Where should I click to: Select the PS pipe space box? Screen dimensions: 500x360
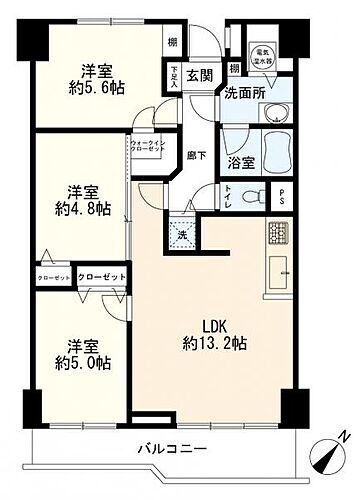pos(282,196)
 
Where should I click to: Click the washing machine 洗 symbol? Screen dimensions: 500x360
pos(182,236)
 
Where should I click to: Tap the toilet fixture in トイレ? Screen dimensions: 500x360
pos(258,196)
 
